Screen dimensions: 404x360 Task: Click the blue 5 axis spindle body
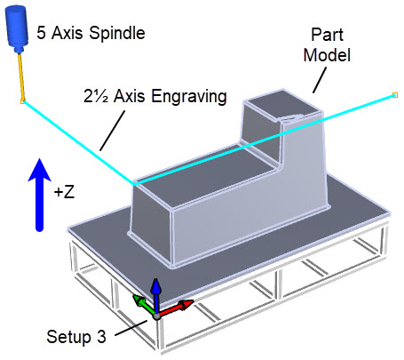click(x=17, y=29)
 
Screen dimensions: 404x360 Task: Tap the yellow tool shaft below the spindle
click(x=21, y=76)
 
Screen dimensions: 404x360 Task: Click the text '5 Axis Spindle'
click(x=91, y=33)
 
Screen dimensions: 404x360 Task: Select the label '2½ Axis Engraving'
click(x=155, y=96)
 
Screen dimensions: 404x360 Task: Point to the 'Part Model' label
click(x=327, y=44)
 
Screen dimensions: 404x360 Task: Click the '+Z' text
click(x=64, y=192)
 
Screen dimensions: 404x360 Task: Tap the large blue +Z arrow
click(x=39, y=195)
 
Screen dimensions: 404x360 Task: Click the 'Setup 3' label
click(x=76, y=337)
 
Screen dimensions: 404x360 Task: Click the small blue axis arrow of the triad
click(x=156, y=295)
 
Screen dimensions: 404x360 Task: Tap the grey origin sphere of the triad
click(x=157, y=316)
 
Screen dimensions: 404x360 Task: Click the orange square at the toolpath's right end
click(x=395, y=95)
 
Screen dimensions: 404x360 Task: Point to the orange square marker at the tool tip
click(x=22, y=101)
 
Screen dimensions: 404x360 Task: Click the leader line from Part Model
click(x=320, y=80)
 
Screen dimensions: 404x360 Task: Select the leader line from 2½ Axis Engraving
click(x=112, y=131)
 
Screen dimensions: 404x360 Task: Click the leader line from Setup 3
click(x=131, y=328)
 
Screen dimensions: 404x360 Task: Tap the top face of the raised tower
click(x=281, y=105)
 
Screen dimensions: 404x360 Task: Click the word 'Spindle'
click(x=117, y=33)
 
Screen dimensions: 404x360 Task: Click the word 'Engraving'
click(x=189, y=97)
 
